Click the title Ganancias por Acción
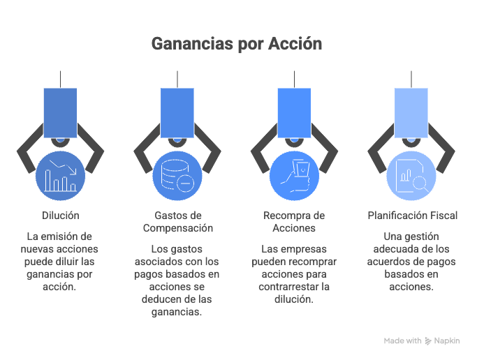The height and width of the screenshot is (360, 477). point(237,44)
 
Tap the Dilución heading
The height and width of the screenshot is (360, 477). point(61,216)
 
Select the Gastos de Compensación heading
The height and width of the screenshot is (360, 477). point(178,222)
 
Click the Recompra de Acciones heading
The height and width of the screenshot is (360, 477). point(294,222)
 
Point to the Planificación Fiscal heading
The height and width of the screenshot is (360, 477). point(413,216)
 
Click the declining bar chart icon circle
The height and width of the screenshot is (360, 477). point(60,176)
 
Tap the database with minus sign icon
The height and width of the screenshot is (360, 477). point(177,176)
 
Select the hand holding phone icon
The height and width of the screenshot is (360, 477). point(294,176)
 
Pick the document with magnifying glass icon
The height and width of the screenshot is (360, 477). point(411,176)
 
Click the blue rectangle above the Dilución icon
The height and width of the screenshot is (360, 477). point(60,113)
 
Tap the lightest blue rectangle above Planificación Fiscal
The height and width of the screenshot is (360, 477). point(411,113)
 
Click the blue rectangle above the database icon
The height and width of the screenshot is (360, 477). point(177,113)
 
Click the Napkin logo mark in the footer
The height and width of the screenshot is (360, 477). point(428,341)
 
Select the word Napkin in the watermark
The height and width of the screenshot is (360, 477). point(447,341)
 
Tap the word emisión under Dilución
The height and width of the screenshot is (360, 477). point(61,237)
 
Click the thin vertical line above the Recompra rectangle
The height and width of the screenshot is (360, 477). point(294,80)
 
